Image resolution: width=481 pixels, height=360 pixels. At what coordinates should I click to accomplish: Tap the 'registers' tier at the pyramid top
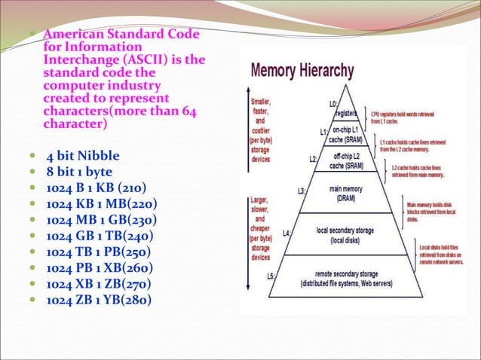(x=345, y=114)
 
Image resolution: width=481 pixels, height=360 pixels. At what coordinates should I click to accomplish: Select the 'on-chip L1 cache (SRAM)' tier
(x=345, y=136)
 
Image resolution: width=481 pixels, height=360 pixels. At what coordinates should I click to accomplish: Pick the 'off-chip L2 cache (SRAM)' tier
(x=347, y=161)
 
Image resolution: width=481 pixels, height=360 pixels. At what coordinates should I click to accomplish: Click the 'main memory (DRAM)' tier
(x=347, y=194)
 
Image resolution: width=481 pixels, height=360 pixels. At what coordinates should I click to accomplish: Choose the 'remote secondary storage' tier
(x=347, y=279)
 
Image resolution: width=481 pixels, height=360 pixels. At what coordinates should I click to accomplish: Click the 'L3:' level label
(x=302, y=191)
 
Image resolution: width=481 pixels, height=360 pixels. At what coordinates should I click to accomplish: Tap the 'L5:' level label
(x=271, y=276)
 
